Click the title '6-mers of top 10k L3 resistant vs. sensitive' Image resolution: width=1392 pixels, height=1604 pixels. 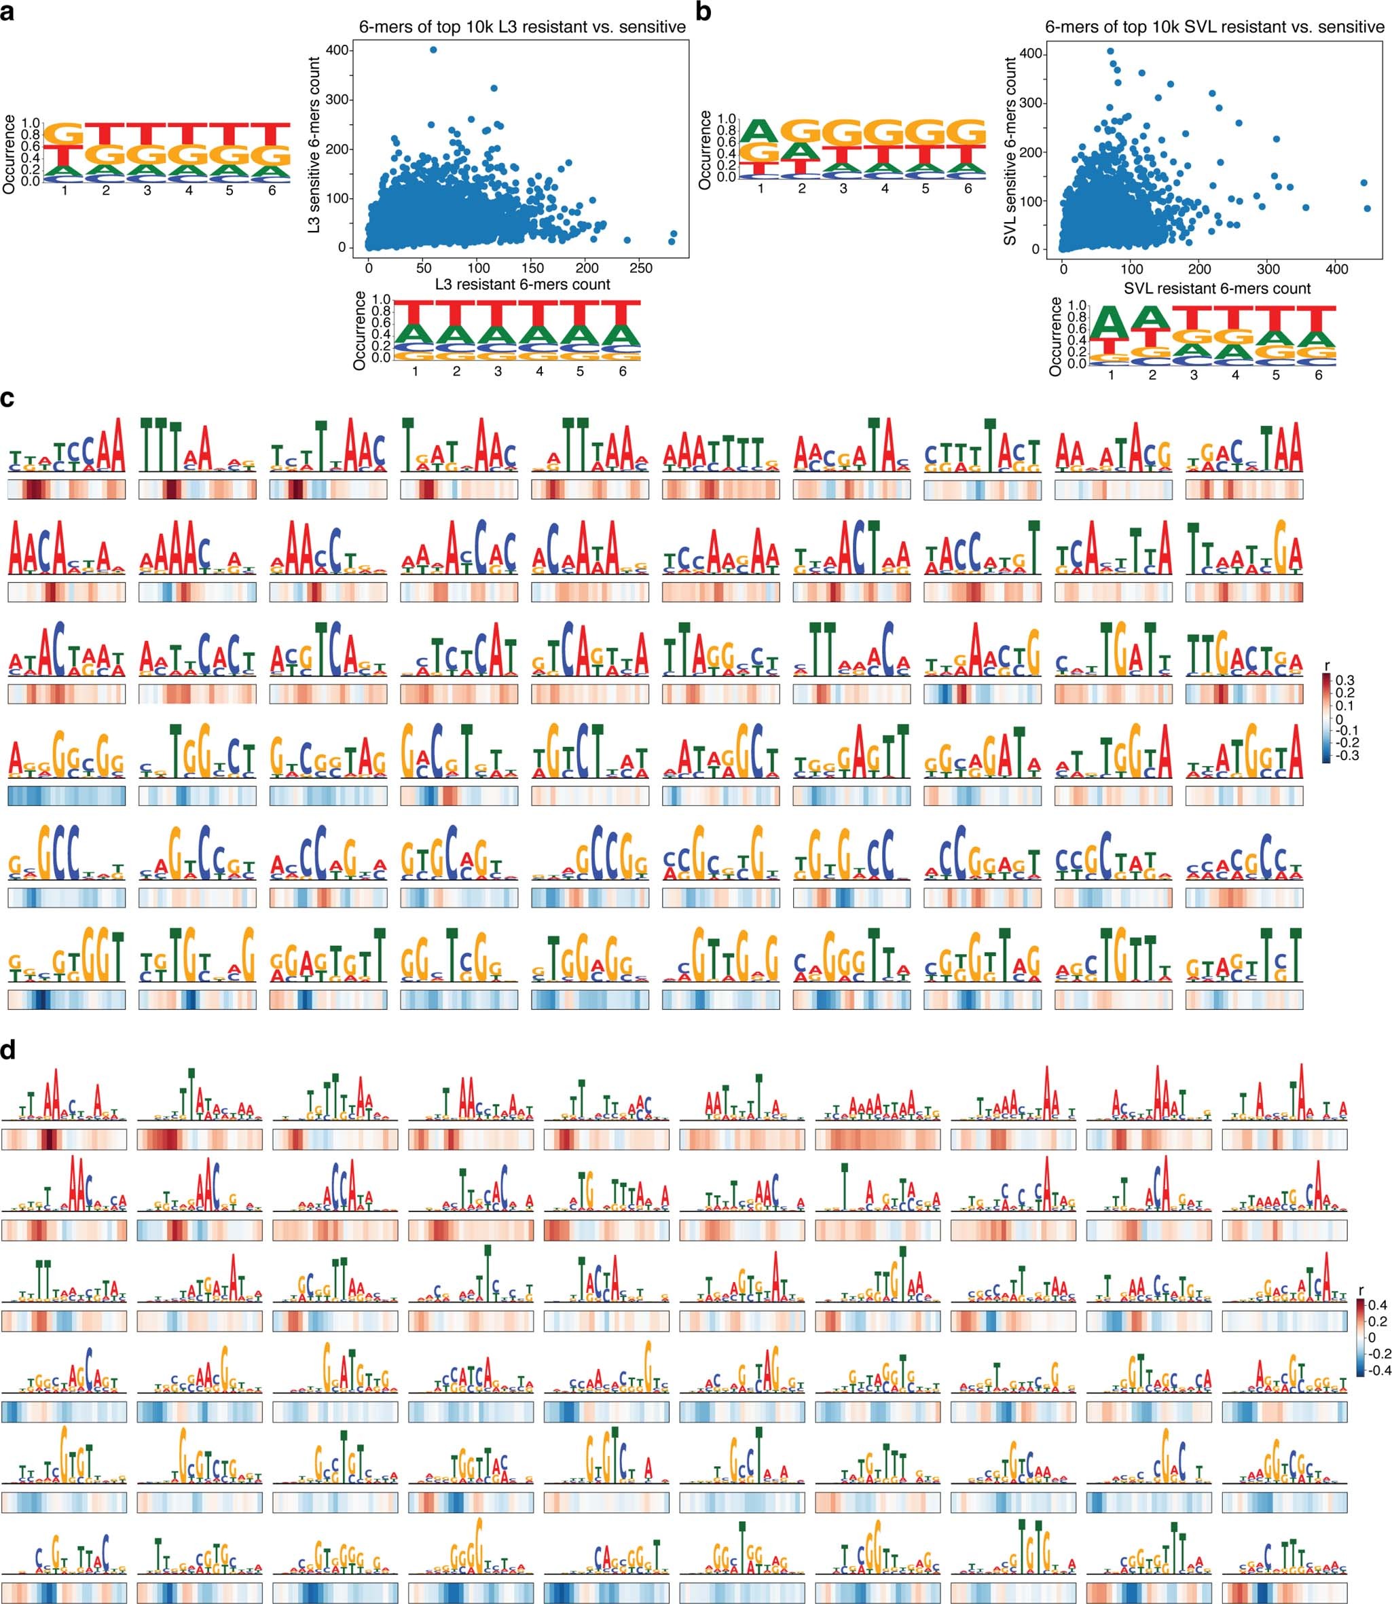[x=522, y=27]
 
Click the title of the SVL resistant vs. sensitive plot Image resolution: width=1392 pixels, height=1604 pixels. [x=1214, y=27]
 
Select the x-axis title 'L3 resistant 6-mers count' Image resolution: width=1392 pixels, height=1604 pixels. [x=522, y=285]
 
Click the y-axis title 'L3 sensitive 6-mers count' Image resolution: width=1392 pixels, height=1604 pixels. [x=314, y=145]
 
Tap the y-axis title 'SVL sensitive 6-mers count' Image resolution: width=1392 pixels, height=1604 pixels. [x=1010, y=151]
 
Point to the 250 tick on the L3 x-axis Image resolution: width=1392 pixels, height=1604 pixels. [x=641, y=268]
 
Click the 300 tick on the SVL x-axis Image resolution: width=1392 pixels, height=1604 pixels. [x=1268, y=269]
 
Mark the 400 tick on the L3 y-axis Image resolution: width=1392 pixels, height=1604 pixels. [x=337, y=50]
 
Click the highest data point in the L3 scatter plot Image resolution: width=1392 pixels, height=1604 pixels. [x=433, y=50]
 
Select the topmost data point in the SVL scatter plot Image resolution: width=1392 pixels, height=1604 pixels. [x=1111, y=51]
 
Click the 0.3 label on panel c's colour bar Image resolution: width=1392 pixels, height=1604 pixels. [x=1344, y=680]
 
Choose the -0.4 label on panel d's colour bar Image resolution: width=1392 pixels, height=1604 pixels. [x=1379, y=1370]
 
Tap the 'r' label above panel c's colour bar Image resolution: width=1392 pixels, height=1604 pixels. [x=1327, y=666]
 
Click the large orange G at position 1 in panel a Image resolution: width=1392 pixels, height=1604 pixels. [x=65, y=135]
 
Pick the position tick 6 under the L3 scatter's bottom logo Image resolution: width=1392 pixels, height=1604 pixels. [x=622, y=371]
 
